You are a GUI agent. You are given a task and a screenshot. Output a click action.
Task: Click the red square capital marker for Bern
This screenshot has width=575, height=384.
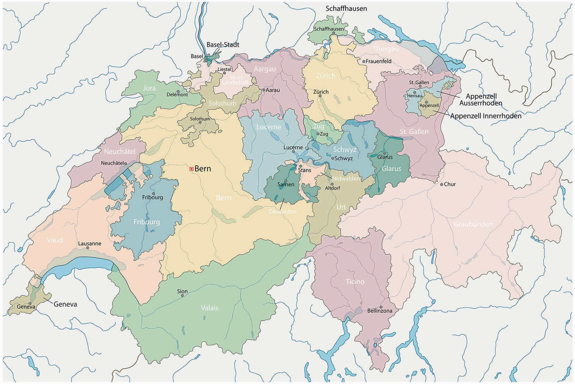click(x=191, y=169)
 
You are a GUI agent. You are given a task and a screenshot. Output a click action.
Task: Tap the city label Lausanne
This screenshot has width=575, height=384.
click(x=90, y=243)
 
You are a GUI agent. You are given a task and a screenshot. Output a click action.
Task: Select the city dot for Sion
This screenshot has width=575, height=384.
click(x=182, y=295)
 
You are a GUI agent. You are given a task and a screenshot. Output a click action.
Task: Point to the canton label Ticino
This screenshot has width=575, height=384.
click(x=355, y=281)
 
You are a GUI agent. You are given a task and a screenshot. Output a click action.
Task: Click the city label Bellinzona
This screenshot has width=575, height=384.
click(x=379, y=311)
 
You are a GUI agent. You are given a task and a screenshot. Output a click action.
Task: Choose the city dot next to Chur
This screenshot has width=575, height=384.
click(x=441, y=184)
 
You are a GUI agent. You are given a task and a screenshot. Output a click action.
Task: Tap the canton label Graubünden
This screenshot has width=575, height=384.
click(x=473, y=224)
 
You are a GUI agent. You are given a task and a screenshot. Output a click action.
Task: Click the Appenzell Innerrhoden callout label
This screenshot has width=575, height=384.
click(x=485, y=116)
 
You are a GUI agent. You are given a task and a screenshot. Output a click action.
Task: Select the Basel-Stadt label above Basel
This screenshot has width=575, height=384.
click(x=223, y=45)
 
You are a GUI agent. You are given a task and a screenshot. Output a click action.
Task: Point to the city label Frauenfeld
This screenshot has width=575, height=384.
click(x=378, y=61)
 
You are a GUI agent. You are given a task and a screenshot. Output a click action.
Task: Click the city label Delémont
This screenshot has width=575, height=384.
click(x=177, y=94)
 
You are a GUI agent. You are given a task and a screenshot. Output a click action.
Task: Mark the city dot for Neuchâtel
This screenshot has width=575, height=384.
click(x=126, y=163)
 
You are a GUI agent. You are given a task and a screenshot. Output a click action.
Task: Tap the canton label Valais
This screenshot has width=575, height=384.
click(x=209, y=308)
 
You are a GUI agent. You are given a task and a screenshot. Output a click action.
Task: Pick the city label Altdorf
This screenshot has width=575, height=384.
click(x=332, y=188)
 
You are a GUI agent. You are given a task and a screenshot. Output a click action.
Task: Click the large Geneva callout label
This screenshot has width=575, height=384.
click(x=65, y=304)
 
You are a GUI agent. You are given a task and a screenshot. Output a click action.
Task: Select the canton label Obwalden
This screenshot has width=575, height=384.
click(x=282, y=211)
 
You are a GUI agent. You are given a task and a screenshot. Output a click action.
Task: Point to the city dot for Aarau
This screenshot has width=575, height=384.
click(x=264, y=90)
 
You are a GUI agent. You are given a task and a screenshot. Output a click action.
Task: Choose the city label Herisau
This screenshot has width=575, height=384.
click(x=414, y=96)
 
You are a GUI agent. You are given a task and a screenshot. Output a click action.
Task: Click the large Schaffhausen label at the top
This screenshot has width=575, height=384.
click(x=346, y=9)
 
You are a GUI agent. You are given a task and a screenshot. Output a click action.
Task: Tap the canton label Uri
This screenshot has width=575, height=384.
click(x=341, y=207)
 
